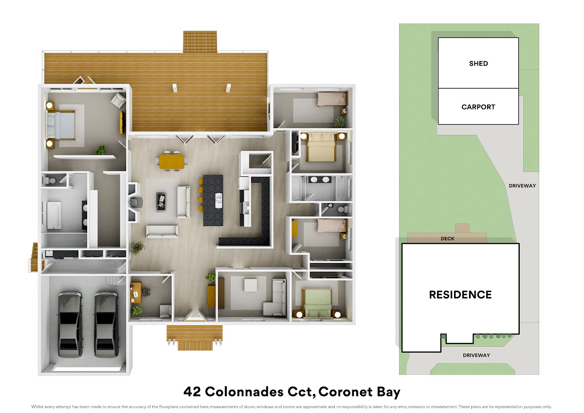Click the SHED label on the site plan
(x=478, y=63)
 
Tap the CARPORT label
(x=478, y=107)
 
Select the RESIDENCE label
(x=460, y=295)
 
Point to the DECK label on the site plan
(x=447, y=239)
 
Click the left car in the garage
(x=71, y=324)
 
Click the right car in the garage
(x=107, y=324)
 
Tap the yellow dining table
(x=171, y=162)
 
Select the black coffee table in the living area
(x=161, y=201)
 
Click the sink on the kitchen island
(x=219, y=201)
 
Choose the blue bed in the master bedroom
(x=61, y=126)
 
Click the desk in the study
(x=136, y=293)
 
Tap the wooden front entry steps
(x=195, y=338)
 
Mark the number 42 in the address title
(x=192, y=392)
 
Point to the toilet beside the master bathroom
(x=49, y=180)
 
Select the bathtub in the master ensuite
(x=54, y=215)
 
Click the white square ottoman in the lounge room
(x=250, y=285)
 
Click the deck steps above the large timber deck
(x=200, y=42)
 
